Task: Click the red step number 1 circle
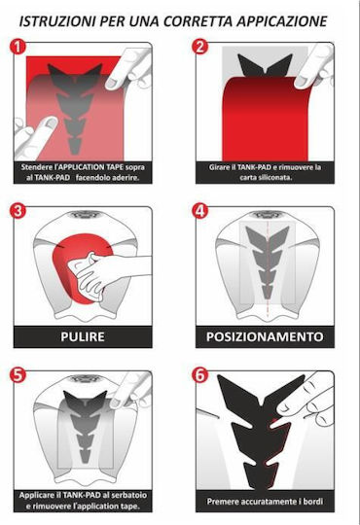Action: [x=18, y=47]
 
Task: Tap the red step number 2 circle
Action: [x=199, y=47]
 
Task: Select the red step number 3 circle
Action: [x=18, y=211]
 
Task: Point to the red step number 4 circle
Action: [x=199, y=211]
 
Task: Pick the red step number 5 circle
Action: [x=18, y=375]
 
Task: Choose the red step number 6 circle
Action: [x=199, y=375]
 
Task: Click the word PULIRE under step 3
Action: [x=83, y=336]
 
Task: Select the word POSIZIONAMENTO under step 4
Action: [x=265, y=336]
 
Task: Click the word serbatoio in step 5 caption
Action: [x=130, y=495]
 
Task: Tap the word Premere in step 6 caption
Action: [x=221, y=502]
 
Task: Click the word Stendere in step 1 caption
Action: [x=36, y=167]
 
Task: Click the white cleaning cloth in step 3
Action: [x=88, y=275]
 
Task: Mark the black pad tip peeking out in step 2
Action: [x=265, y=65]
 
